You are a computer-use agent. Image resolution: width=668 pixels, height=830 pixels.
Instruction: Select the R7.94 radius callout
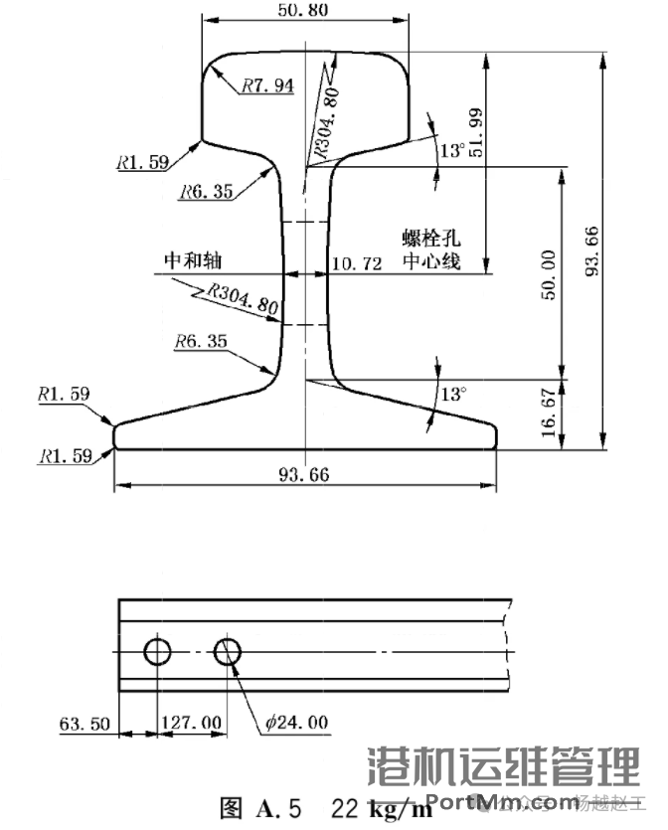click(x=267, y=85)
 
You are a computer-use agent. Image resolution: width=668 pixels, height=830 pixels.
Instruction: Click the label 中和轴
click(x=191, y=260)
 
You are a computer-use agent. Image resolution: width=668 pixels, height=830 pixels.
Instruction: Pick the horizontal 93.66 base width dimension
click(x=304, y=474)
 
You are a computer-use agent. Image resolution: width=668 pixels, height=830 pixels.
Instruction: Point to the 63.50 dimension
click(x=83, y=723)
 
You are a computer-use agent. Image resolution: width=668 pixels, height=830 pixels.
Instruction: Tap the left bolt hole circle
click(x=157, y=652)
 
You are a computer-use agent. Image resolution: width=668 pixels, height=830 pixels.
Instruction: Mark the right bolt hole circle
click(x=228, y=652)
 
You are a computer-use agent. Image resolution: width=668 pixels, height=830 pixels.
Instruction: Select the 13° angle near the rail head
click(x=452, y=151)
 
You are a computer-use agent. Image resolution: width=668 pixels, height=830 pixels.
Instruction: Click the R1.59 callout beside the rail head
click(x=142, y=161)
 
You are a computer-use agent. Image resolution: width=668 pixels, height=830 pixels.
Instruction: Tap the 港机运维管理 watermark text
click(x=503, y=766)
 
